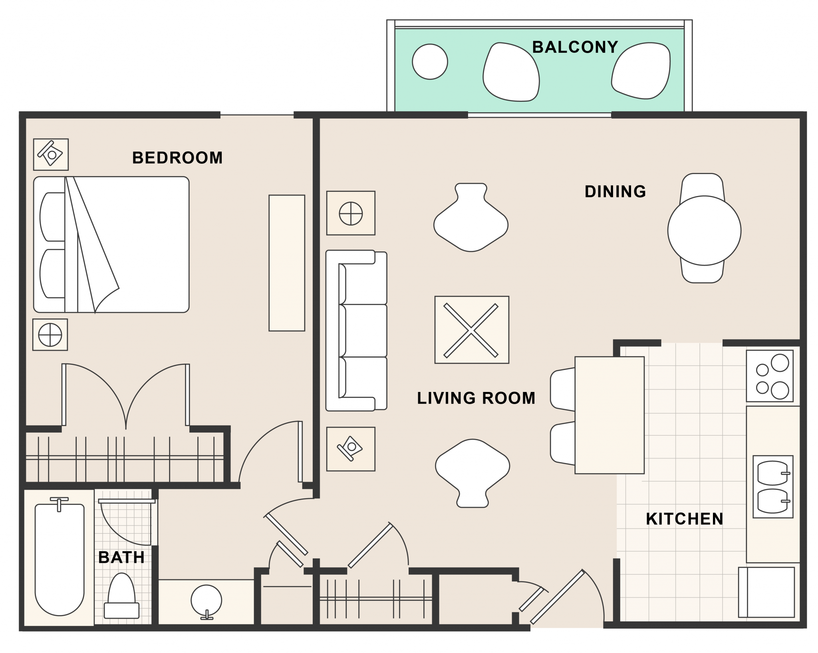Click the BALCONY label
click(x=575, y=47)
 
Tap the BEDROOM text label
click(x=177, y=158)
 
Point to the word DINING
click(x=615, y=192)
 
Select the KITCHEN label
click(x=685, y=519)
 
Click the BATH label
click(x=121, y=557)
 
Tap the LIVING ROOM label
click(x=476, y=398)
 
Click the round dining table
click(x=704, y=230)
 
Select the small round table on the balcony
click(x=430, y=61)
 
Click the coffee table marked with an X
click(x=472, y=330)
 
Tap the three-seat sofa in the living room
click(x=356, y=330)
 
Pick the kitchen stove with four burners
click(x=770, y=376)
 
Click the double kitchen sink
click(x=773, y=487)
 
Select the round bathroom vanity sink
click(x=206, y=601)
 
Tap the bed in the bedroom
click(x=111, y=244)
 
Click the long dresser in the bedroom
click(x=287, y=263)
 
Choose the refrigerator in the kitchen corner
click(x=766, y=592)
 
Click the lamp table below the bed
click(x=50, y=334)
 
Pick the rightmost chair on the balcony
click(x=641, y=71)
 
